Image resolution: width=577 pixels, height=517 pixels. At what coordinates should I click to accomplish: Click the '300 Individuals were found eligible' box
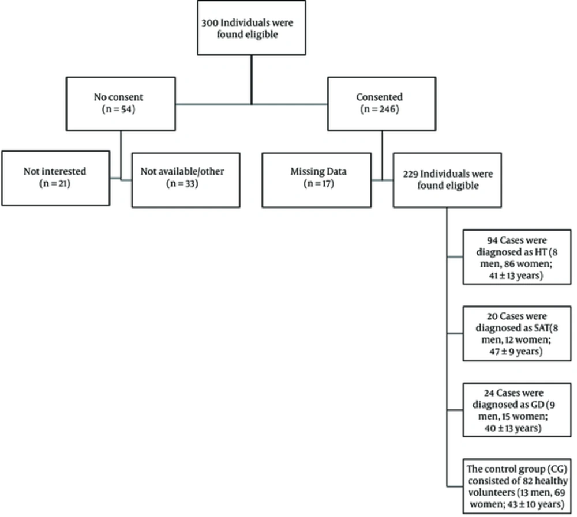[252, 28]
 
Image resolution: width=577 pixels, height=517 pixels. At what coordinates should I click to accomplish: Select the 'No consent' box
[121, 104]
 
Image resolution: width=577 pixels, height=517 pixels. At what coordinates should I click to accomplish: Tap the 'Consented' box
[382, 104]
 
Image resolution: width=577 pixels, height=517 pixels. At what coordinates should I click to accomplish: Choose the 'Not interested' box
[55, 178]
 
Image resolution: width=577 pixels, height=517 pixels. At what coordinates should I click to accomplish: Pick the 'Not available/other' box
[186, 180]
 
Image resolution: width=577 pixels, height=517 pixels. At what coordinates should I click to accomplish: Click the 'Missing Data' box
[316, 180]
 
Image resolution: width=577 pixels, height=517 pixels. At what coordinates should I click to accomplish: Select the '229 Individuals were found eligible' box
[447, 180]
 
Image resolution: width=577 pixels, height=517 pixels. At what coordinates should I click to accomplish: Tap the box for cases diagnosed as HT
[517, 257]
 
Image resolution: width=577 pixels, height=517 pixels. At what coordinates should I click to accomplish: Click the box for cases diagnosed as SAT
[517, 334]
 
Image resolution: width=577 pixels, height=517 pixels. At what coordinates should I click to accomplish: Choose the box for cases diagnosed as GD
[517, 410]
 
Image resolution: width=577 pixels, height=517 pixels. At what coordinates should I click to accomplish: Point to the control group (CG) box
[517, 486]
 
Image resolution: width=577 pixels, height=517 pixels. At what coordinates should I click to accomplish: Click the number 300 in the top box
[210, 22]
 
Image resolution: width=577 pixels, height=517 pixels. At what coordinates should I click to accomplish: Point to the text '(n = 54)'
[118, 109]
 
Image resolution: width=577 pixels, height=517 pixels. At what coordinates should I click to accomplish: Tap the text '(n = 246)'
[380, 109]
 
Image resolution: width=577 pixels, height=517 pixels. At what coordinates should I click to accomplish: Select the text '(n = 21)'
[55, 183]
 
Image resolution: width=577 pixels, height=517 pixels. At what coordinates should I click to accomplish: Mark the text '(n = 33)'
[182, 183]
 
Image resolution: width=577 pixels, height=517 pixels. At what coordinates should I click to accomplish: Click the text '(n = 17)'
[319, 183]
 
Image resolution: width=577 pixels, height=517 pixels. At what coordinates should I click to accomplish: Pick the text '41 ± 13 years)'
[516, 276]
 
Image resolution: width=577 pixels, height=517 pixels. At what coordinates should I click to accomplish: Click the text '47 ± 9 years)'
[516, 352]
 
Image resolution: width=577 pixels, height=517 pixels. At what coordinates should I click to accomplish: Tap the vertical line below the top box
[252, 80]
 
